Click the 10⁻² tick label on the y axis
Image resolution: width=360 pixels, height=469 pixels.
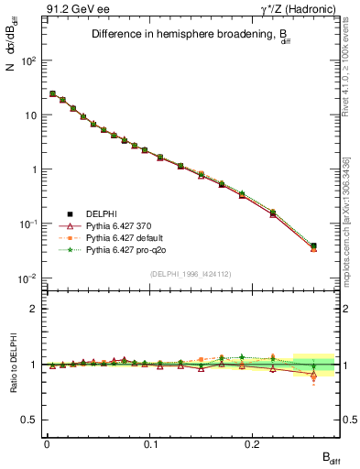coord(28,278)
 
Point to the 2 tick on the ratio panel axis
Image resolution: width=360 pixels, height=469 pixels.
coord(32,309)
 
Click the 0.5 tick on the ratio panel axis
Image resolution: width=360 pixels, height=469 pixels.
coord(29,420)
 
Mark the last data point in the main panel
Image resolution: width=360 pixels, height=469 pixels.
coord(313,246)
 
